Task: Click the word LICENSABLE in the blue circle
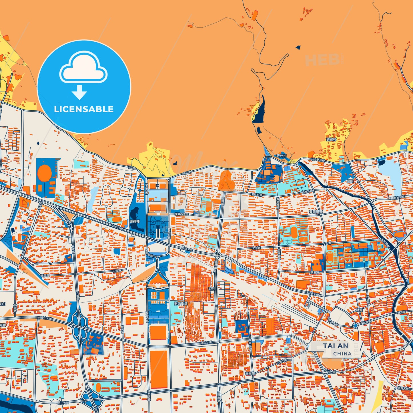pos(84,109)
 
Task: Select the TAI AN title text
pos(336,346)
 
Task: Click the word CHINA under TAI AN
pos(342,354)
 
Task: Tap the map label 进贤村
pos(331,139)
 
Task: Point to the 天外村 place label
pos(281,156)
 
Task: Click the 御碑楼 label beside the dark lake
pos(135,221)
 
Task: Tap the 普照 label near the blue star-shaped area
pos(350,181)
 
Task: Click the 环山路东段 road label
pos(318,160)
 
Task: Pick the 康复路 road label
pos(315,272)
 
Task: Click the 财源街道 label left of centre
pos(181,303)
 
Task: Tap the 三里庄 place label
pos(250,373)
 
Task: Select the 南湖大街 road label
pos(403,388)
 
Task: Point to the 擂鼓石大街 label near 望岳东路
pos(181,214)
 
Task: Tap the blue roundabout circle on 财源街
pos(355,325)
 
